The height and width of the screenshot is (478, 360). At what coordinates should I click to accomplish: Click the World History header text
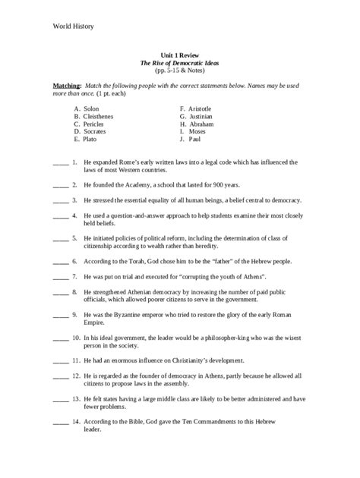pyautogui.click(x=73, y=26)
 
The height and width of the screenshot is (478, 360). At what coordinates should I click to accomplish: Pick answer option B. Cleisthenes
pyautogui.click(x=96, y=117)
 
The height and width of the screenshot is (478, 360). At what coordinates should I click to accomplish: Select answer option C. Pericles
pyautogui.click(x=91, y=124)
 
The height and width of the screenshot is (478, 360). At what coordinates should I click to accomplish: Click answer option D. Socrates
pyautogui.click(x=92, y=132)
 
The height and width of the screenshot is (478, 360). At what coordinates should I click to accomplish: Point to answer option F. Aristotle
pyautogui.click(x=199, y=109)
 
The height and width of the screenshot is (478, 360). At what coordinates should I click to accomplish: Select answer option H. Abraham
pyautogui.click(x=199, y=124)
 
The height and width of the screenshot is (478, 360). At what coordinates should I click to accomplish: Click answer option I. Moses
pyautogui.click(x=195, y=132)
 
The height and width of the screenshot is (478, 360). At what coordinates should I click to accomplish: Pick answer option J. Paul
pyautogui.click(x=193, y=140)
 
